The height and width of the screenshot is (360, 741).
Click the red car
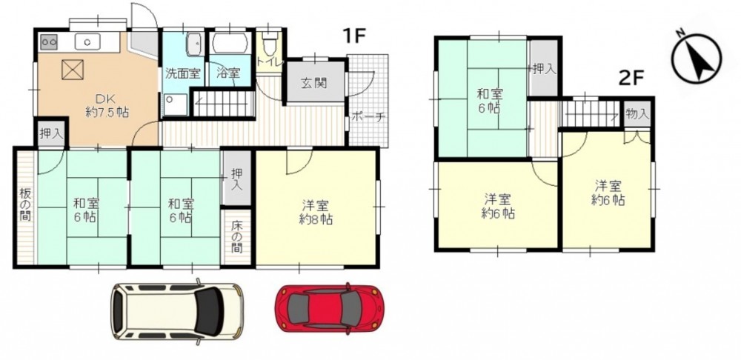(330, 308)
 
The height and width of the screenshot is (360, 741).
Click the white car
(178, 311)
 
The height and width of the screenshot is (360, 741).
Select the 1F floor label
(354, 36)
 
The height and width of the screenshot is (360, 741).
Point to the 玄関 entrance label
(313, 83)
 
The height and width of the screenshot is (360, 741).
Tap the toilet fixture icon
(270, 46)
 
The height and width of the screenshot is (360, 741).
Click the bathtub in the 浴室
(230, 44)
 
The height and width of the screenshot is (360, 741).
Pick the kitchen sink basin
(88, 41)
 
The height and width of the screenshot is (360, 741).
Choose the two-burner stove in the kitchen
(49, 41)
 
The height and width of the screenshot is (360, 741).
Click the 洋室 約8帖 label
(316, 212)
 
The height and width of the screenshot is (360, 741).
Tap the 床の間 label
(236, 236)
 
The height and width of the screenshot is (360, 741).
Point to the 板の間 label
(24, 205)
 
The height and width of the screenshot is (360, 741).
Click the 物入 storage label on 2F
(637, 113)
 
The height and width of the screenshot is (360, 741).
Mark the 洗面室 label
(183, 73)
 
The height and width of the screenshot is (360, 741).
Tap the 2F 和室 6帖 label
(490, 101)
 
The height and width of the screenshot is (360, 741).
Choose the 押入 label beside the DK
(51, 133)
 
